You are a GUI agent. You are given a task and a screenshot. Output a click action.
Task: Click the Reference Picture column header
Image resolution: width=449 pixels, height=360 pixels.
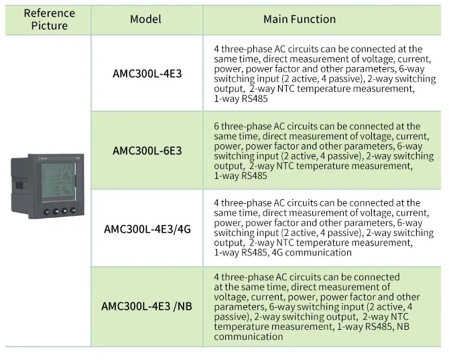tap(49, 19)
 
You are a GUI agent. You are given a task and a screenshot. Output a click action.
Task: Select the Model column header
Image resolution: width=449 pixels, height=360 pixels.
tap(145, 19)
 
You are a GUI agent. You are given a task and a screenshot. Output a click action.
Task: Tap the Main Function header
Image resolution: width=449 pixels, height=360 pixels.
tap(300, 19)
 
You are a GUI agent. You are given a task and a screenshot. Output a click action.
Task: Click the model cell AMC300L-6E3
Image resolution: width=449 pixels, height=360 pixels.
tap(147, 151)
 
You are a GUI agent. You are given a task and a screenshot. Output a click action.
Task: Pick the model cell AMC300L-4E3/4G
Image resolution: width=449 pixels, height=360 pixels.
tap(147, 229)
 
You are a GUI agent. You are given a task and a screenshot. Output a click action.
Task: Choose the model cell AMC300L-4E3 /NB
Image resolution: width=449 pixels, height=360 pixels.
tap(147, 306)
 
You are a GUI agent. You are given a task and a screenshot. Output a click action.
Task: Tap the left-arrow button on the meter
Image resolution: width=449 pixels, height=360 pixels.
tap(56, 211)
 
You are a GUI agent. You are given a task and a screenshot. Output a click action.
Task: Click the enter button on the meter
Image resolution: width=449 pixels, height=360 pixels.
tap(73, 211)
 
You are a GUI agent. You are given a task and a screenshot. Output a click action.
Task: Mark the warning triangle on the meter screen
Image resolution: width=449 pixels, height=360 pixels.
tap(66, 175)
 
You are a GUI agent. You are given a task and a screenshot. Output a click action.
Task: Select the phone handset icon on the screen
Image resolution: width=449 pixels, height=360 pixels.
tap(66, 190)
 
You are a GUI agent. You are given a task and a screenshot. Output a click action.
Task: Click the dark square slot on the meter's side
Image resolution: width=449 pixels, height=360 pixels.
tap(19, 185)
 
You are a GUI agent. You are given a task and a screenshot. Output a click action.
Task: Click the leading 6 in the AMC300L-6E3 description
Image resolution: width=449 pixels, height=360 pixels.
tap(216, 126)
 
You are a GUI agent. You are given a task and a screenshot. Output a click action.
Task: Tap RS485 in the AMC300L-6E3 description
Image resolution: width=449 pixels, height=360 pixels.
tap(254, 176)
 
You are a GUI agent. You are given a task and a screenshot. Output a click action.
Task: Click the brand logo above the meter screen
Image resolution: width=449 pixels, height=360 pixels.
tap(43, 158)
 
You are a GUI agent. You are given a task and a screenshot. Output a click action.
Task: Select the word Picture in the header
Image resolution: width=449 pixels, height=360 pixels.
tap(49, 25)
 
